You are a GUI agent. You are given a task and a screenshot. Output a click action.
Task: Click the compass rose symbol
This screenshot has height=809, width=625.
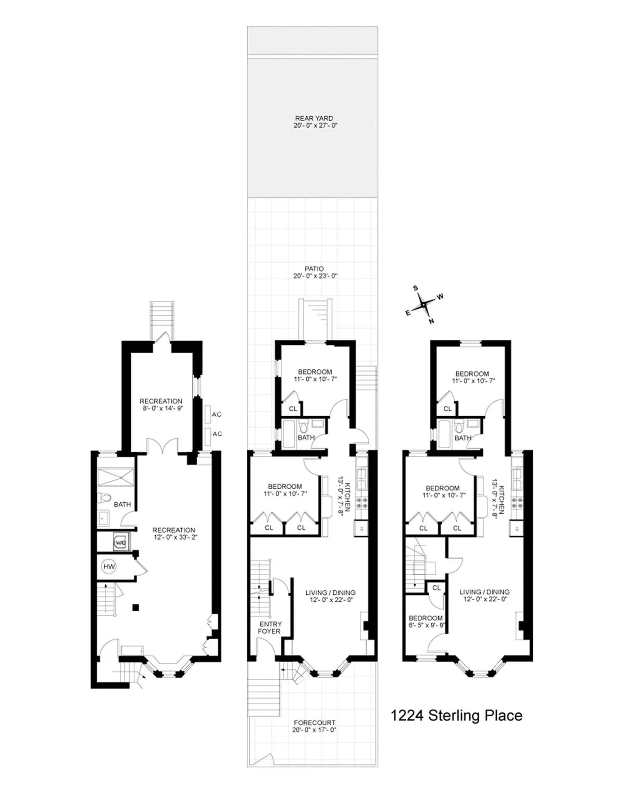pos(424,303)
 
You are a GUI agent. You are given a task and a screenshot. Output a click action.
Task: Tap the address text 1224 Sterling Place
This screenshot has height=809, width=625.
pos(456,715)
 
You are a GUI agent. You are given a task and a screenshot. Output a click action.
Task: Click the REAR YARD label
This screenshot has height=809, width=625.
pos(314,122)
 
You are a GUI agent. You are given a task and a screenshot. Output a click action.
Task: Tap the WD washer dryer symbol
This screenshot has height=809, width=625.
pos(121,543)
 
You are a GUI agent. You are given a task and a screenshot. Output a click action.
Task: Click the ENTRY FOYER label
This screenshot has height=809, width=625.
pos(270,628)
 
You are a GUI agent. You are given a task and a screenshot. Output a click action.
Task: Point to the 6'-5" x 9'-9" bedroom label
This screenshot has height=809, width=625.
pos(426,621)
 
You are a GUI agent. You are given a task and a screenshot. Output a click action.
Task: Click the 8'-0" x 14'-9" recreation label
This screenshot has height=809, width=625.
pos(161,405)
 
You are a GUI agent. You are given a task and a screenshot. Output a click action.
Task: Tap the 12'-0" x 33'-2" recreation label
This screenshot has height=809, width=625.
pos(174,533)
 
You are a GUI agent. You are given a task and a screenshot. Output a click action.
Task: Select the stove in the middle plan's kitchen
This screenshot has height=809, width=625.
pos(361,503)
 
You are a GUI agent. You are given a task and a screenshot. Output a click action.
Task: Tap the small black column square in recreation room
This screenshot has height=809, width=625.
pos(136,606)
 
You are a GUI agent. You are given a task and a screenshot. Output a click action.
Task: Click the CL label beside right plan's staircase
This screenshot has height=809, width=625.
pos(436,588)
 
